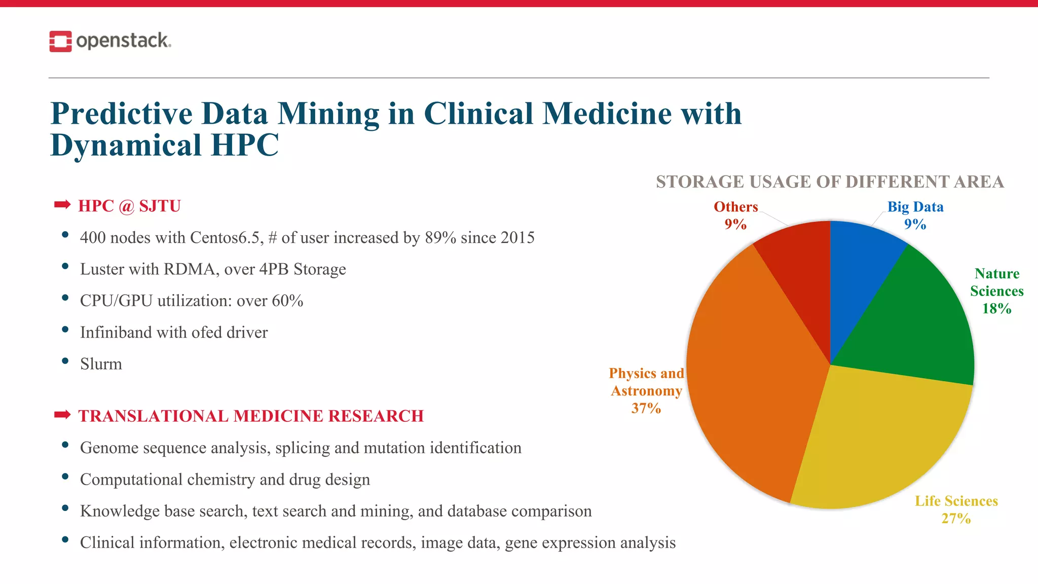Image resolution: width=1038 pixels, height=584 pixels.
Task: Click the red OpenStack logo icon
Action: coord(60,42)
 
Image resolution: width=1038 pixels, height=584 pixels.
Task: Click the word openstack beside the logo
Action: coord(123,41)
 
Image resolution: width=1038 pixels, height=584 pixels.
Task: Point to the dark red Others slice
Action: coord(801,269)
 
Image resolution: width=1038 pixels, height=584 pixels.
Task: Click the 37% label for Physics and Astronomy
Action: coord(646,408)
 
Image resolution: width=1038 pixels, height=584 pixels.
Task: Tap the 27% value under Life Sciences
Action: coord(956,519)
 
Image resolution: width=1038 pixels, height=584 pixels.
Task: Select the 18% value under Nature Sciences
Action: coord(996,309)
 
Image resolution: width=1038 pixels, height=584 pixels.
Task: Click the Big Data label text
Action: coord(915,207)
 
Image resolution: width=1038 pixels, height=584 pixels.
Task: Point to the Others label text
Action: coord(735,207)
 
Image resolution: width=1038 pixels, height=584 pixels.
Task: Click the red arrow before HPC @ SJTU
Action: coord(62,205)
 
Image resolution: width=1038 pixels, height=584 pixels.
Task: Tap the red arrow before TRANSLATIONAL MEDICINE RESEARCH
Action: coord(62,415)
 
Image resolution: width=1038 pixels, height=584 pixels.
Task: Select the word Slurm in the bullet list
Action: coord(101,364)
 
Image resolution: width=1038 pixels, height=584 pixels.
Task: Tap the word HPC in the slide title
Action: coord(244,145)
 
